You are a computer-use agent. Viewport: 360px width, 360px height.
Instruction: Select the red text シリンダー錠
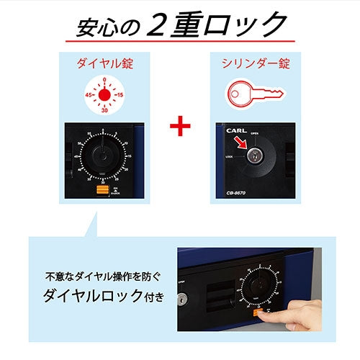click(x=254, y=63)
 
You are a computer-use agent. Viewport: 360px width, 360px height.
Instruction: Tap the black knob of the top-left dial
click(x=102, y=156)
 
